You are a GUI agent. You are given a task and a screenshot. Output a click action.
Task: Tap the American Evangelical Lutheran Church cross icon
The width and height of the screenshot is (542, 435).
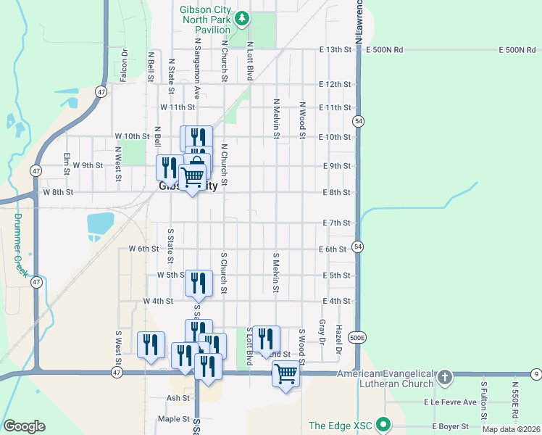(x=445, y=377)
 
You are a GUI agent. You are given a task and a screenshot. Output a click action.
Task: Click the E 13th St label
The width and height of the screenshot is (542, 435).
(x=335, y=50)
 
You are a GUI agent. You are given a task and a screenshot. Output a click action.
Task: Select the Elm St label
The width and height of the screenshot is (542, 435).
(x=66, y=159)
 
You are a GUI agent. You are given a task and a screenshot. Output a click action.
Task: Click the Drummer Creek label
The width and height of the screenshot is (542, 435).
(x=20, y=245)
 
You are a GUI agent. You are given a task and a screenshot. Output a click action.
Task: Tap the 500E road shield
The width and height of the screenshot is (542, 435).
(x=357, y=338)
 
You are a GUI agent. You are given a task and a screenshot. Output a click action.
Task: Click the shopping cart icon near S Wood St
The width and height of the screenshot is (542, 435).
(x=286, y=374)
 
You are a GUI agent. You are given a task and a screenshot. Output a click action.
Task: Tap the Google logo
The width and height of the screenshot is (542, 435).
(x=24, y=426)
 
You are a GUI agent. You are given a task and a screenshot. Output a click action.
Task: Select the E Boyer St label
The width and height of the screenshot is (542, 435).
(x=451, y=426)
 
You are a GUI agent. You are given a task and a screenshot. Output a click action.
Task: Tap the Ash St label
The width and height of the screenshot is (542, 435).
(x=178, y=398)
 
